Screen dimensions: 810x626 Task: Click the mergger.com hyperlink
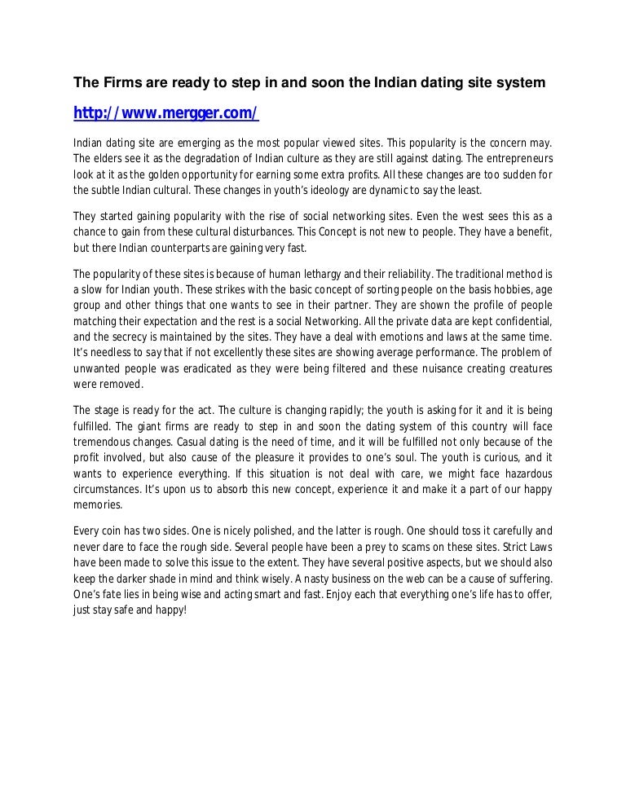pos(165,113)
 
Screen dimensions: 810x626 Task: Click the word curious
pos(503,460)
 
